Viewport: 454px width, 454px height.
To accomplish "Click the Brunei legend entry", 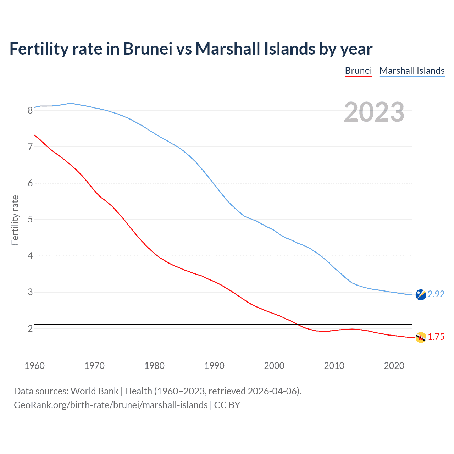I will [358, 71].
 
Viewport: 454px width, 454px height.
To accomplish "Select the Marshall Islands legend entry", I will [412, 71].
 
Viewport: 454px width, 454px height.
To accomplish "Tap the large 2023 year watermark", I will [374, 112].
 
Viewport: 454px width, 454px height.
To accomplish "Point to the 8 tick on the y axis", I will [30, 110].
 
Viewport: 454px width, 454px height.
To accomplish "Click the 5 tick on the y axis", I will [30, 220].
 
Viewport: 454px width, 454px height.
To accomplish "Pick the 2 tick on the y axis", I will [30, 328].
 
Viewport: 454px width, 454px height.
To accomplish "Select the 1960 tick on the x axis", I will [34, 366].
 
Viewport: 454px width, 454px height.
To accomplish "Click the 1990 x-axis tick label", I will [214, 366].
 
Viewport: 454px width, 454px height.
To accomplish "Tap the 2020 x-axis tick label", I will [394, 366].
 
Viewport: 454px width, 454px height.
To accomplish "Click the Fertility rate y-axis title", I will [15, 220].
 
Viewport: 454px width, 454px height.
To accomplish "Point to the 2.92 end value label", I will [436, 294].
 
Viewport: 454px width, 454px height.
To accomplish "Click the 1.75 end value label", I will [436, 337].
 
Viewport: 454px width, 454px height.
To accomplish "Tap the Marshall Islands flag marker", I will [421, 295].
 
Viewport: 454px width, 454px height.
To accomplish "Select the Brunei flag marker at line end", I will [421, 337].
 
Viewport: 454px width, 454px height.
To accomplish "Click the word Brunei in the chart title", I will [148, 49].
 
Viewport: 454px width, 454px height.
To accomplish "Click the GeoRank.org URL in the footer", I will [111, 405].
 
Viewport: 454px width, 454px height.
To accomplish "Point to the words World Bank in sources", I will [94, 391].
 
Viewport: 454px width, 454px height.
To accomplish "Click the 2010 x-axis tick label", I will [334, 366].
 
